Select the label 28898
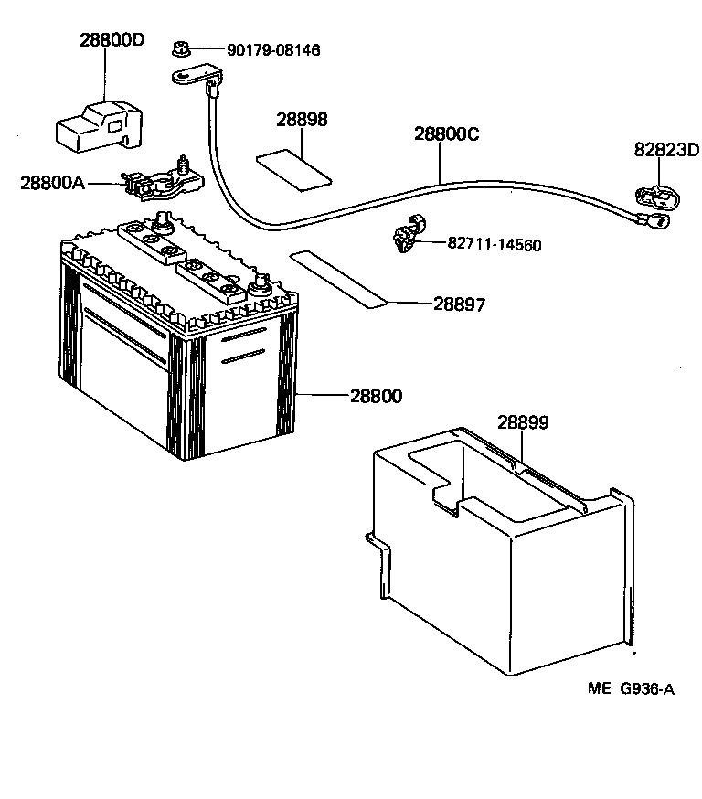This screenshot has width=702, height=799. [x=302, y=121]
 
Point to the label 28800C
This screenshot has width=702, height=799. [x=447, y=133]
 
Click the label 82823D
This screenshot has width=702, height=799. [x=666, y=150]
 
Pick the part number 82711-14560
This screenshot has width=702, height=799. [x=494, y=245]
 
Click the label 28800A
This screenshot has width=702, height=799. [x=52, y=183]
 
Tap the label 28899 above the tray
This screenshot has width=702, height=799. [x=523, y=422]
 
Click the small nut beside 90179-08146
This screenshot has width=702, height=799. [x=180, y=48]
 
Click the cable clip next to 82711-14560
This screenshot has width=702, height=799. [x=404, y=235]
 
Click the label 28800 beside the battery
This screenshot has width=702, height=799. [x=376, y=396]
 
